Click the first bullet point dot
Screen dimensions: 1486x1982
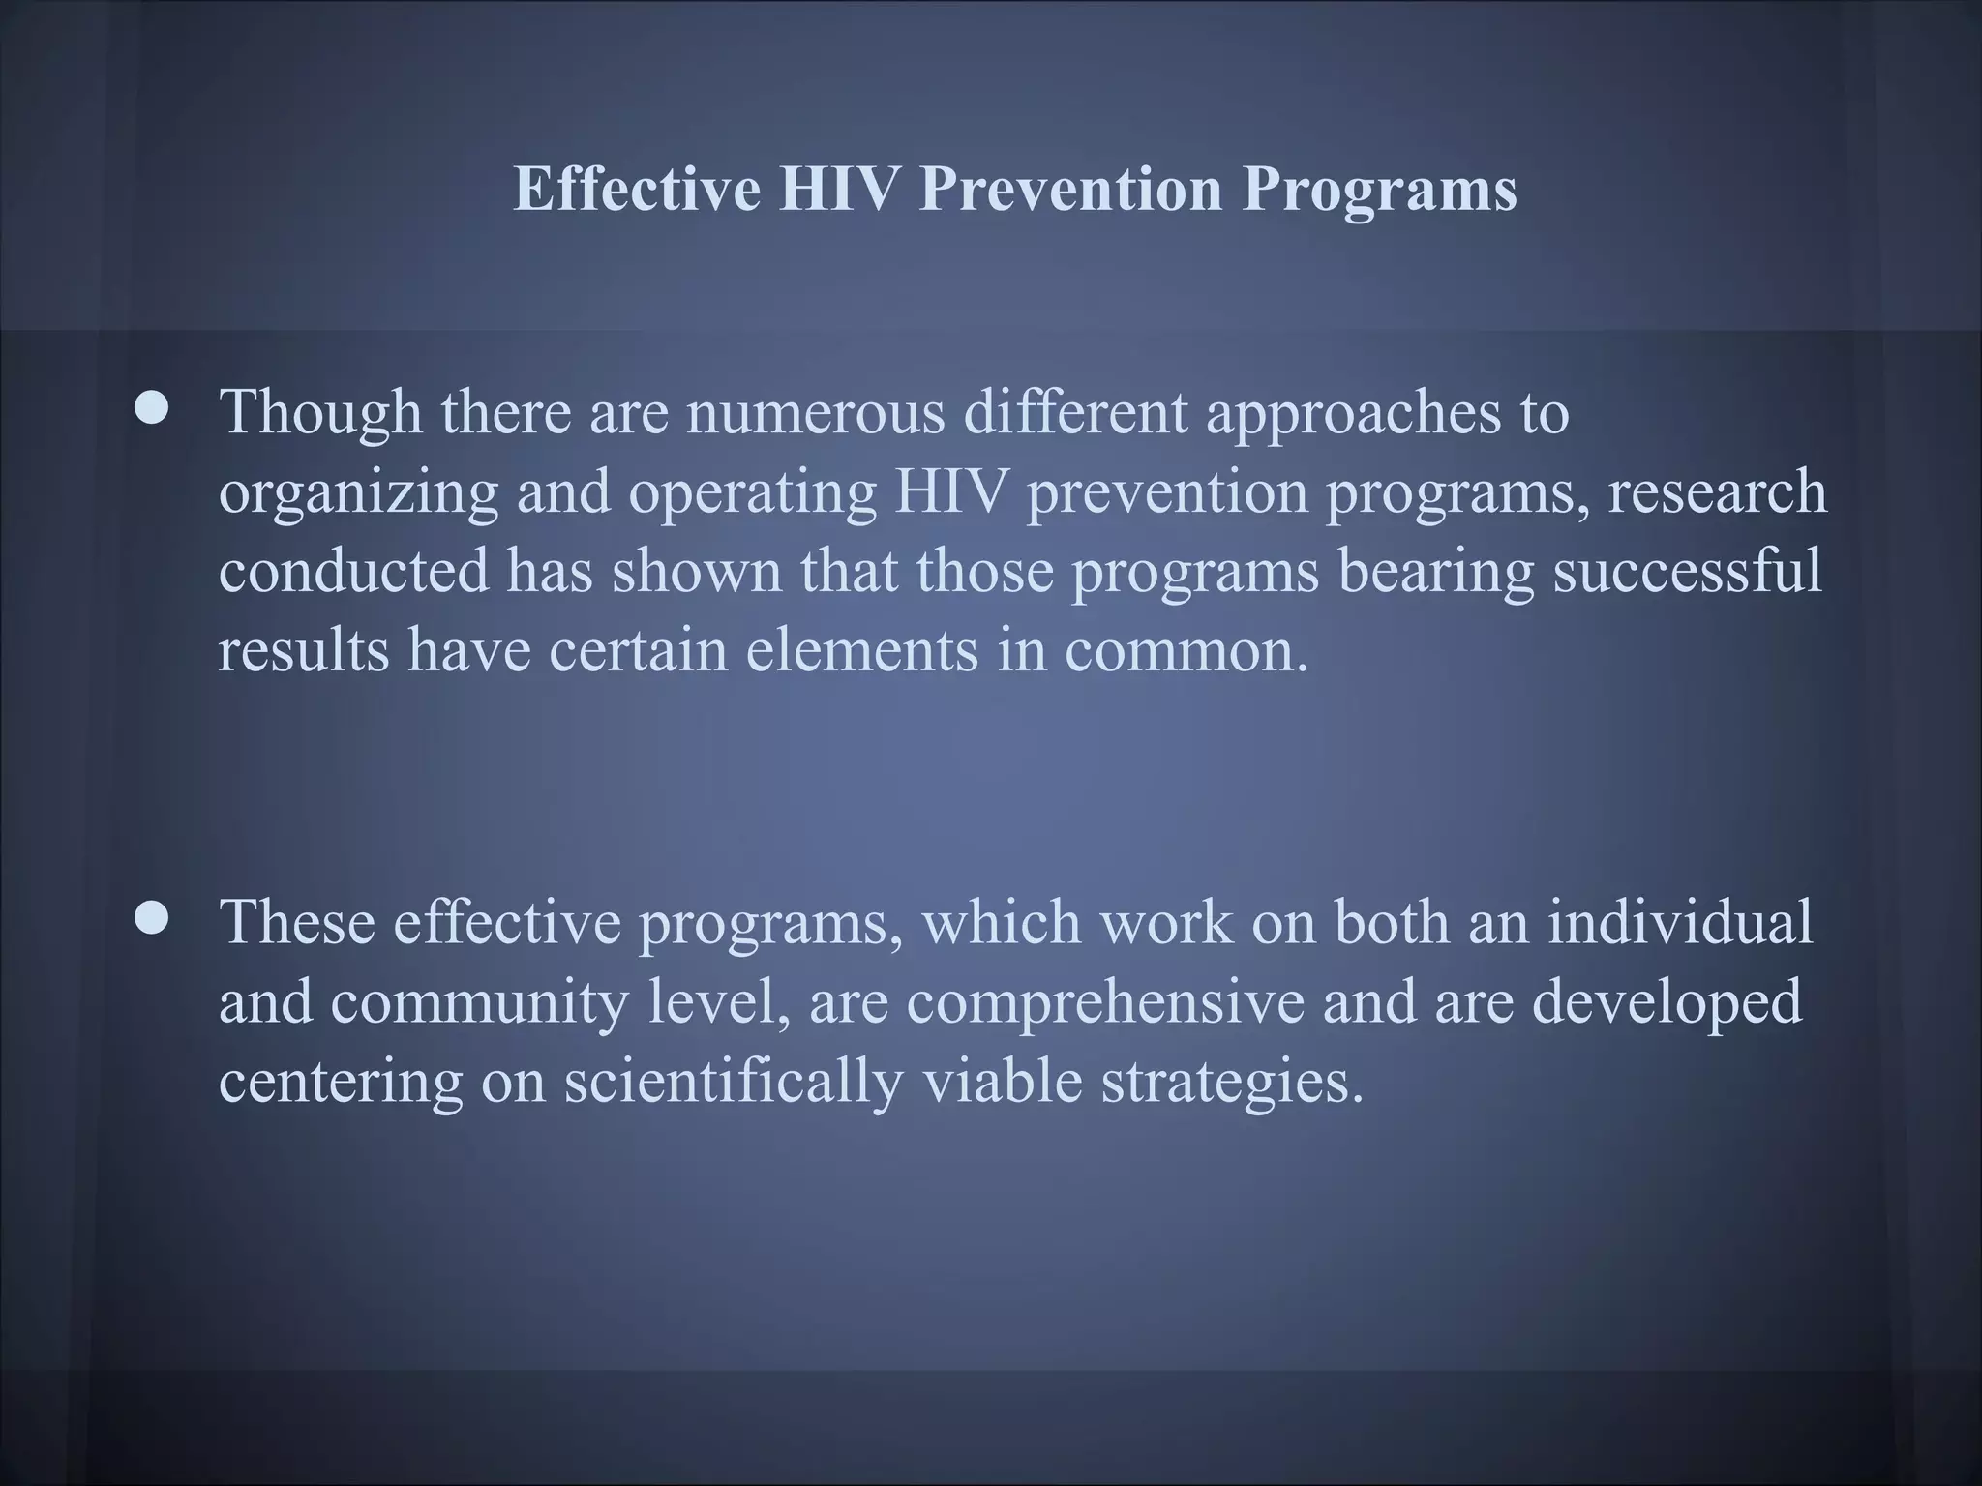coord(151,410)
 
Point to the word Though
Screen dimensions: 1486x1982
coord(320,413)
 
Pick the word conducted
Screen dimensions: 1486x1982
coord(353,570)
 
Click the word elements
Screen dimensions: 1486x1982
coord(861,649)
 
